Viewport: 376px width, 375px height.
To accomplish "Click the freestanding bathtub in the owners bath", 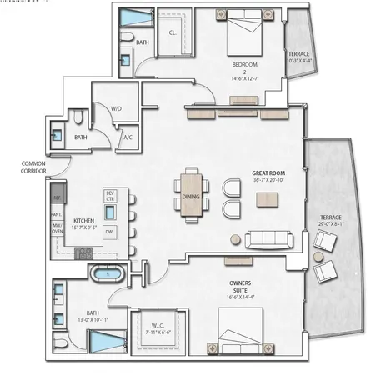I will (x=108, y=272).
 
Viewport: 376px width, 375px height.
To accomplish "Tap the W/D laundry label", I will (x=117, y=108).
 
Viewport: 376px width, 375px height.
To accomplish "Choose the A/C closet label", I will (x=128, y=137).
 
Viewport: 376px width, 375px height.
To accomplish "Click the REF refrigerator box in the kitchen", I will (x=58, y=198).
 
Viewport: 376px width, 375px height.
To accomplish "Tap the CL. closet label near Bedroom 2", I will (x=173, y=33).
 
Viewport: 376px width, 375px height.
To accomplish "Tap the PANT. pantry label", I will (x=58, y=214).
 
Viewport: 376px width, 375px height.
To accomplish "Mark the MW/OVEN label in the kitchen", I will (x=58, y=229).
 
